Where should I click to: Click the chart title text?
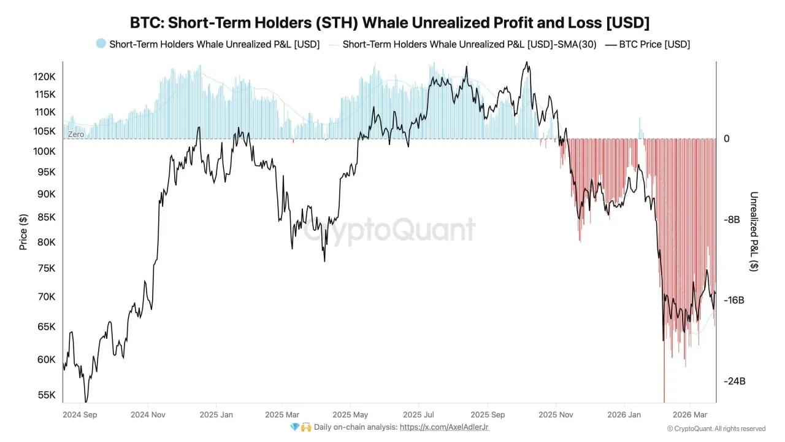tap(389, 23)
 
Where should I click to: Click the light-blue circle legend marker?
tap(101, 44)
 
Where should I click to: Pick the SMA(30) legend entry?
tap(469, 44)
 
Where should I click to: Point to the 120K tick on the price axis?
tap(45, 77)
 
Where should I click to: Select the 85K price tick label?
tap(45, 217)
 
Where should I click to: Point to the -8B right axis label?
tap(732, 220)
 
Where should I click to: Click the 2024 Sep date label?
tap(81, 414)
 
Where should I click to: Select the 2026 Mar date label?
tap(691, 414)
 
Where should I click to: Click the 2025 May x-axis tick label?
tap(350, 414)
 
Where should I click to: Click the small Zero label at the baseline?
tap(75, 134)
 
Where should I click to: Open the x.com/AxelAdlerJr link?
tap(443, 427)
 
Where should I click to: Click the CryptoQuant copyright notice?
tap(716, 428)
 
